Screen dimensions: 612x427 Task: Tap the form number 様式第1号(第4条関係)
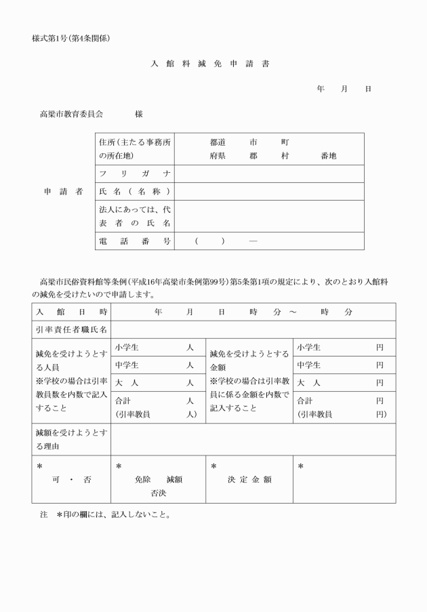click(71, 38)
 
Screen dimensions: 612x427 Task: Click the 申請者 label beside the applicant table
click(63, 192)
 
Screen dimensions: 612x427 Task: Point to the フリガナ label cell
click(134, 174)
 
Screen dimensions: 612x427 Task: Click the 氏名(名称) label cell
click(134, 192)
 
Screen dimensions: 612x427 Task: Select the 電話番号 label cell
click(134, 241)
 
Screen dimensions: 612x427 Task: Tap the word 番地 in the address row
click(328, 156)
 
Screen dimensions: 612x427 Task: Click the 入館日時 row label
click(71, 312)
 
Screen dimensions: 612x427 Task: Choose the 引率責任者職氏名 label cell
click(71, 330)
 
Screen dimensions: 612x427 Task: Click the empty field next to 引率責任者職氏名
click(253, 330)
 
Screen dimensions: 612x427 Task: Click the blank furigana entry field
click(269, 174)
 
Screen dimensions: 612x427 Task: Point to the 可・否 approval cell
click(71, 480)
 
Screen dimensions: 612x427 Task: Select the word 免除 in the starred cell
click(142, 479)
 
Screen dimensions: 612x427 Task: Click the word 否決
click(158, 492)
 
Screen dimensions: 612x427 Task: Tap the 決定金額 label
click(249, 480)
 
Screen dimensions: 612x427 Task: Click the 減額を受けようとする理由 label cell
click(71, 439)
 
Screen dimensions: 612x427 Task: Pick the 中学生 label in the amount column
click(308, 365)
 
